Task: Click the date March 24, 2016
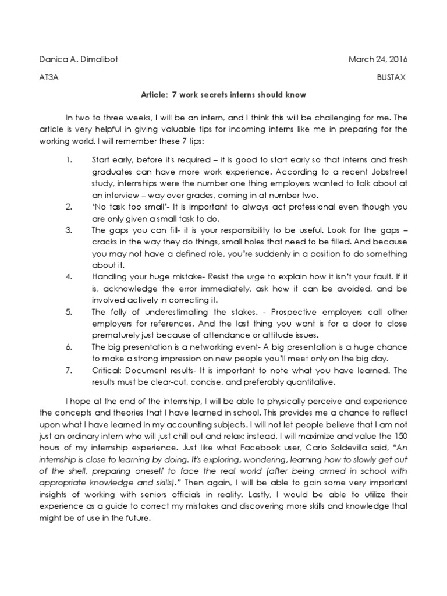coord(378,59)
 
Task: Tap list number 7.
coord(68,370)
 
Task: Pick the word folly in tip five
coord(118,312)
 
